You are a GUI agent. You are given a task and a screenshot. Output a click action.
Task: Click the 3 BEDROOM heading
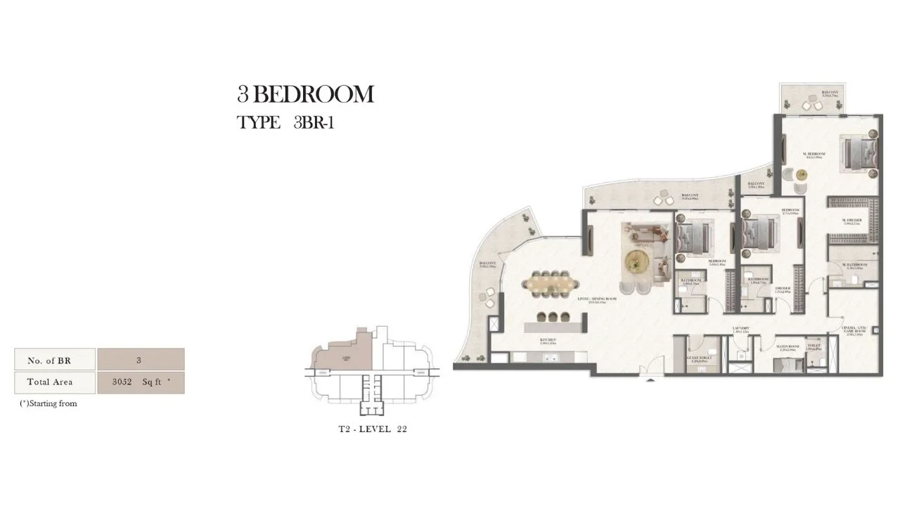[305, 94]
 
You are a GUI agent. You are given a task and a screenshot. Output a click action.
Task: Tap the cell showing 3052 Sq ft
[141, 382]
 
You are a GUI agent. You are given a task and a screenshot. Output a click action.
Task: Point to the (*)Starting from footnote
[49, 404]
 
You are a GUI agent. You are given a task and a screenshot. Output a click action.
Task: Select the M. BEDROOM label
[814, 153]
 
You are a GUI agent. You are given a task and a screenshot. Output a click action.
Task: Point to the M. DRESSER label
[852, 220]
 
